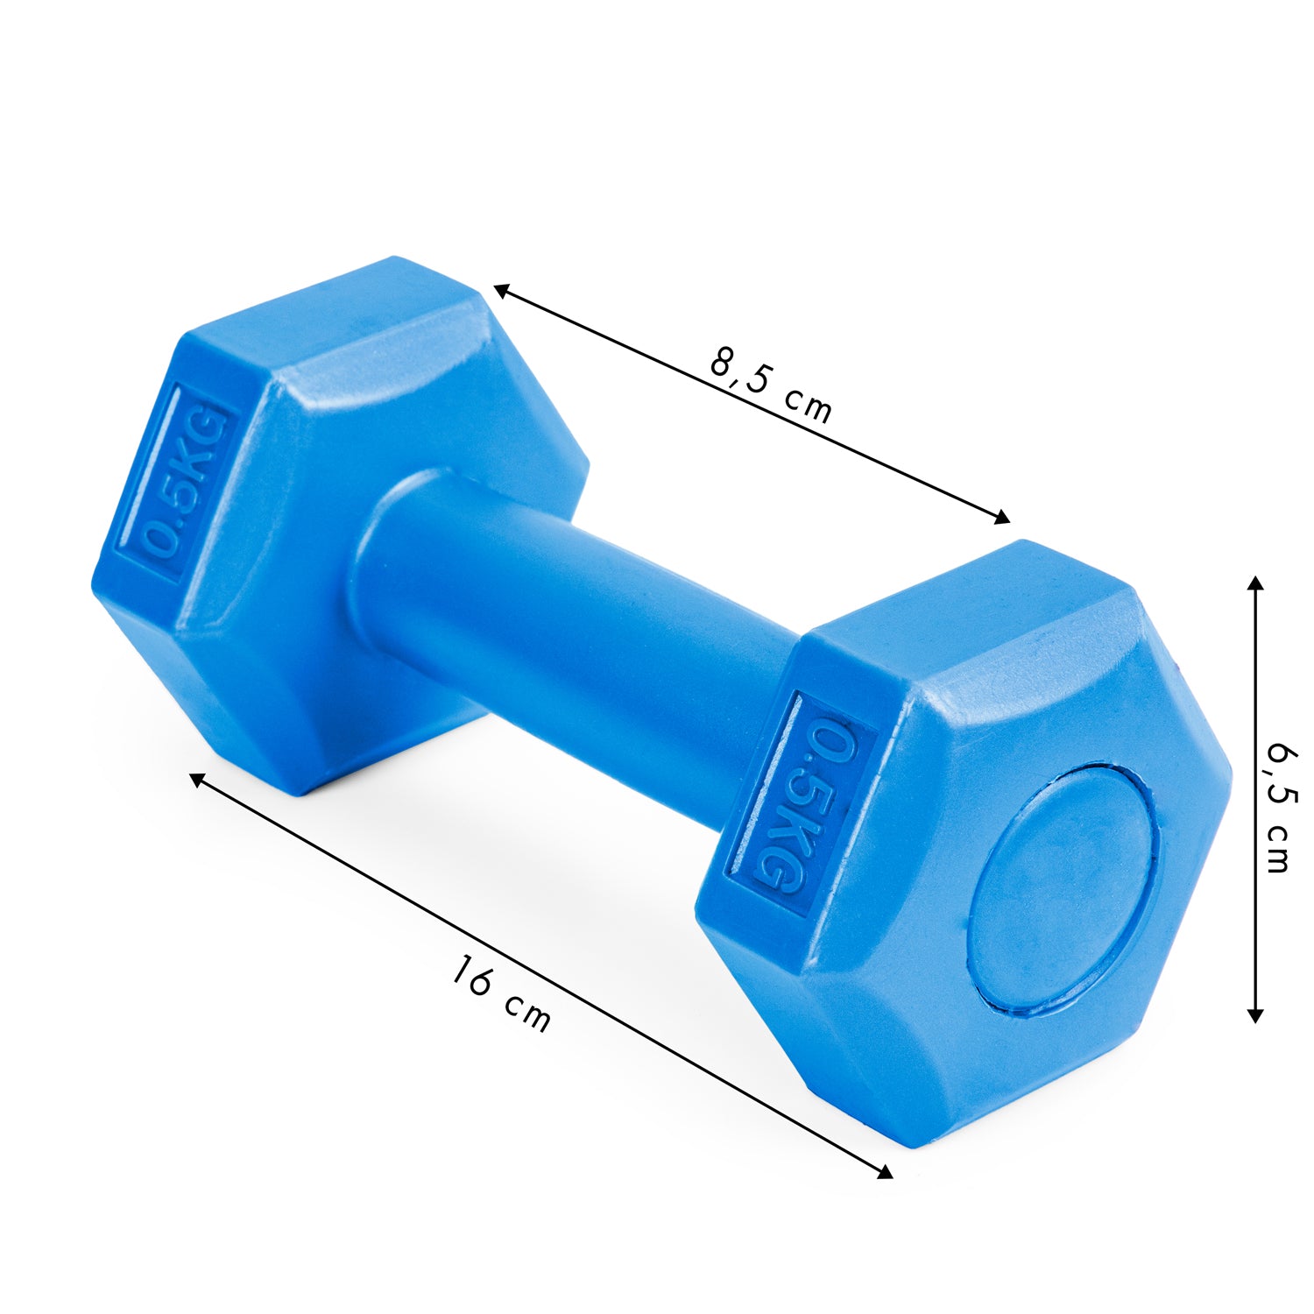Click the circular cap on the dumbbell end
pyautogui.click(x=1063, y=887)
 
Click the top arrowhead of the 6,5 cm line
pyautogui.click(x=1255, y=584)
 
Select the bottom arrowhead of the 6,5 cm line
pyautogui.click(x=1255, y=1014)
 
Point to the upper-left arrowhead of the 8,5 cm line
pyautogui.click(x=502, y=290)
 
